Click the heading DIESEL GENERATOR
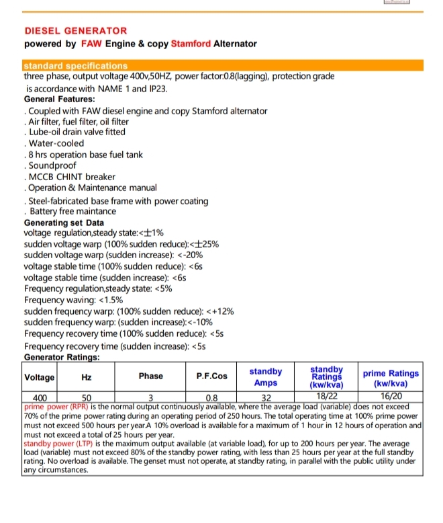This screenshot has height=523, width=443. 75,31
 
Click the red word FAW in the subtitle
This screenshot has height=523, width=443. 90,44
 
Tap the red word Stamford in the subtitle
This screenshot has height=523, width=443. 191,44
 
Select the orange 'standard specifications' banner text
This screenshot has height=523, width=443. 75,66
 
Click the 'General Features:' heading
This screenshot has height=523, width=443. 59,99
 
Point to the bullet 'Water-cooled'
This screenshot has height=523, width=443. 55,143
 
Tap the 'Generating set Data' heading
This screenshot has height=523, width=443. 64,223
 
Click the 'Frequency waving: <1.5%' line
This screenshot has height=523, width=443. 73,300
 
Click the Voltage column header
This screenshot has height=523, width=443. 40,376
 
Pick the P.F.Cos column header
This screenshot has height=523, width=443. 211,376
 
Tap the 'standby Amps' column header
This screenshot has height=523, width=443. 266,376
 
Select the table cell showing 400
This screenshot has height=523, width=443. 40,397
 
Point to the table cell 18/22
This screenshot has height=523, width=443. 327,397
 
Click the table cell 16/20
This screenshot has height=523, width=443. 390,397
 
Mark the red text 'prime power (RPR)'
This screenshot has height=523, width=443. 57,406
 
